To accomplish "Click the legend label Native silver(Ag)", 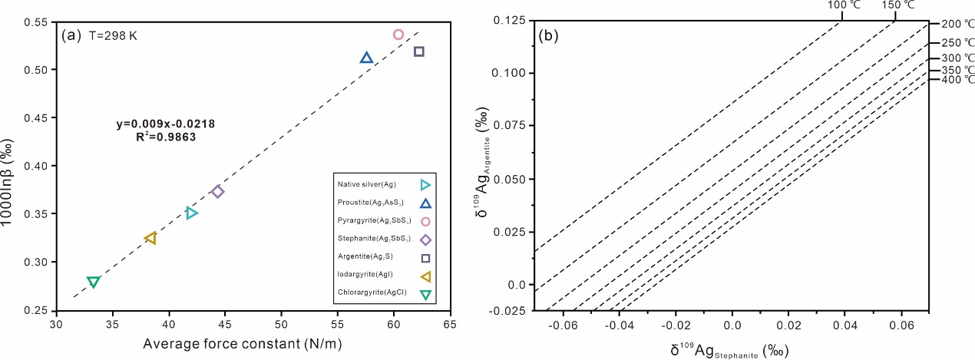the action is [x=366, y=184].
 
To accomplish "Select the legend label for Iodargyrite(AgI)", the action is [x=365, y=274].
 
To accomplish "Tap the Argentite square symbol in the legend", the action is [x=425, y=258].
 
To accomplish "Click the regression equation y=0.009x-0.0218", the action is [x=165, y=124].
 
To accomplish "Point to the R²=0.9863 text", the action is [x=166, y=137].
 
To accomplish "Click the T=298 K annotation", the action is [x=113, y=36].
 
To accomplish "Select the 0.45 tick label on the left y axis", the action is [x=38, y=117].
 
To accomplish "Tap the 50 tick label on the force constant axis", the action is [x=281, y=324].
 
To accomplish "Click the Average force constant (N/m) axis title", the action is [x=243, y=344].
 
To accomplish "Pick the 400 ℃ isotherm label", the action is [x=957, y=80].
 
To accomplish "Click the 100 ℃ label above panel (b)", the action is [x=844, y=5].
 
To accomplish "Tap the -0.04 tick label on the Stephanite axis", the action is [x=620, y=325].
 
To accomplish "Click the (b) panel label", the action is [x=548, y=36].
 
